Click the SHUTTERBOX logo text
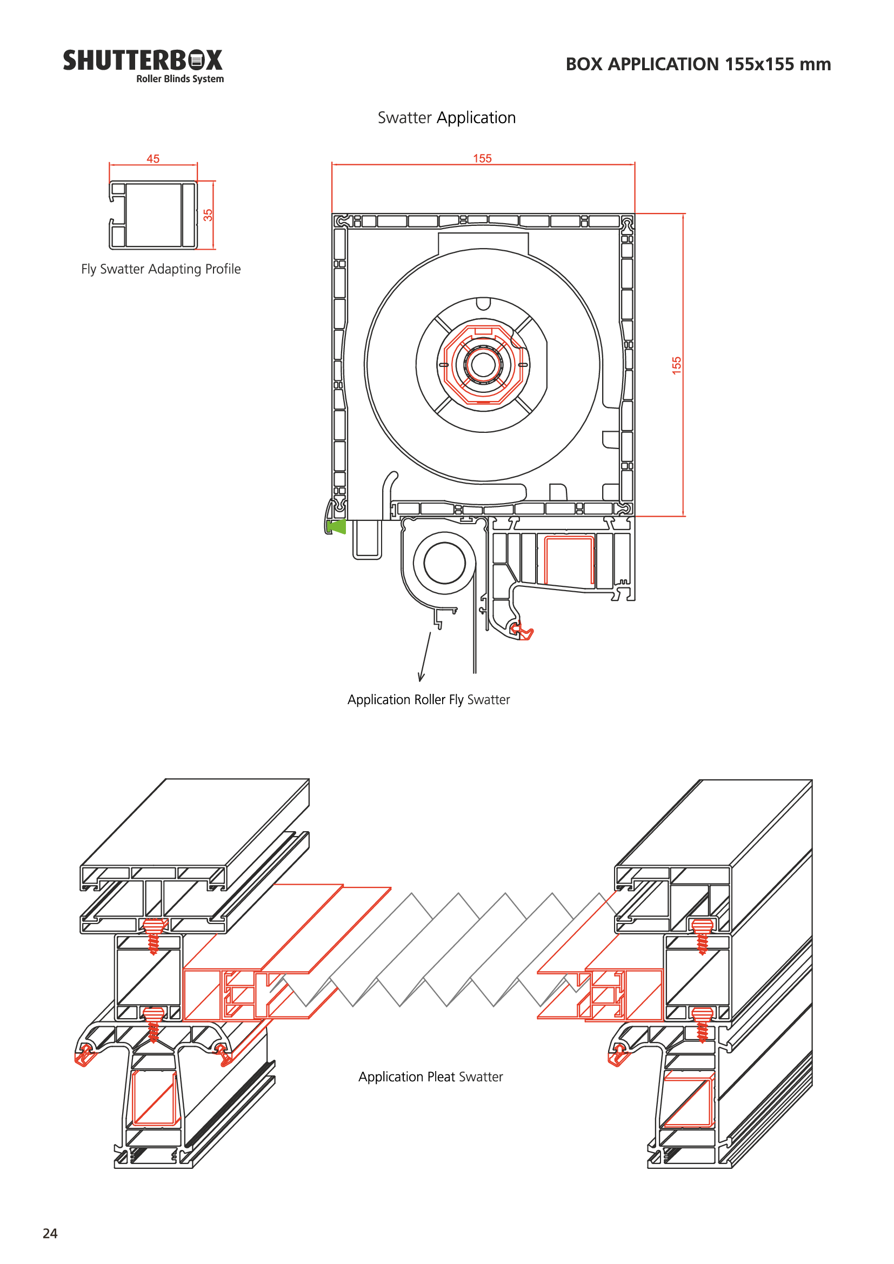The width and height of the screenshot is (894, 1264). tap(143, 61)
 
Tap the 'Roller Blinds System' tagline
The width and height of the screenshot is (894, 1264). tap(180, 79)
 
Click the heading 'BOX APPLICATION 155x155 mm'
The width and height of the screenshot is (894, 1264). tap(698, 64)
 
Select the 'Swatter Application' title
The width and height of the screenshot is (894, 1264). tap(446, 118)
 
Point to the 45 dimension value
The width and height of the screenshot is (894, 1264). tap(153, 159)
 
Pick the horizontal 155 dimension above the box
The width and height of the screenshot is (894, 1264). tap(482, 158)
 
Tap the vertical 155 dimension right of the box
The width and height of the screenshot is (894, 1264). tap(677, 365)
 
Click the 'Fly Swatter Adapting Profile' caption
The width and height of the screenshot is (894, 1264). tap(161, 269)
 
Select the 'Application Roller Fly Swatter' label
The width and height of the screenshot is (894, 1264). tap(428, 700)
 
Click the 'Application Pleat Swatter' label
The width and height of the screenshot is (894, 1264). tap(430, 1077)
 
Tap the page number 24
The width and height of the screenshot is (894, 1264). tap(50, 1234)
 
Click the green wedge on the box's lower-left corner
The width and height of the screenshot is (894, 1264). tap(336, 526)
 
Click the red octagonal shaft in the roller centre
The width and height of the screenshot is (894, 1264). tap(483, 364)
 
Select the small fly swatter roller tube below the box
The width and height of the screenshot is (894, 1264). tap(444, 563)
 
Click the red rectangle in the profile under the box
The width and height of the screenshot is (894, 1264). tap(569, 560)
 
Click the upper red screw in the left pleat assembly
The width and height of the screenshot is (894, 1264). tap(154, 935)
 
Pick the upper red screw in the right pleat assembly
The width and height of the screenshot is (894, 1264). tap(703, 935)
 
